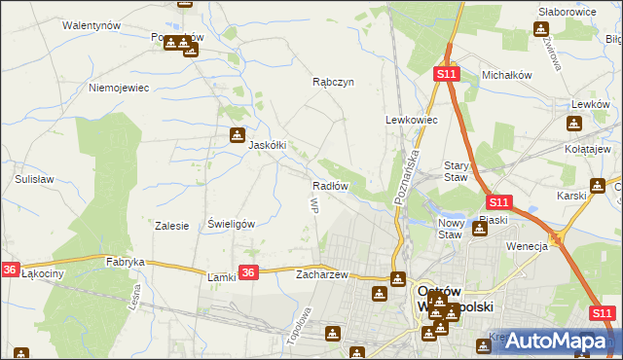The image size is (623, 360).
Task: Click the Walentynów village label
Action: point(90,25)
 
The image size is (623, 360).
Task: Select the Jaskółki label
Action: point(268,145)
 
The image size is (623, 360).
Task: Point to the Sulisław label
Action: point(34,180)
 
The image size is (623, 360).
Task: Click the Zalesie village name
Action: point(171,225)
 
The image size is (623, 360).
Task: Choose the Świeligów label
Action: point(232,224)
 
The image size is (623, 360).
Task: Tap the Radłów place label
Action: point(330,186)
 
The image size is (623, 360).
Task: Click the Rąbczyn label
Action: point(332,84)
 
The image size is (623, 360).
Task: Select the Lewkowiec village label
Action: point(412,120)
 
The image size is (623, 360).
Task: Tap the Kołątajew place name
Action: point(587,149)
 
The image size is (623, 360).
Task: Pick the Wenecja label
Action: point(528,246)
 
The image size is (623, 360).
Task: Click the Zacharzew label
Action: point(322,274)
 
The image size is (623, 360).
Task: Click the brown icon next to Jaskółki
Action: point(237,135)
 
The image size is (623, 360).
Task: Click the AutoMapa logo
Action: point(553,341)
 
